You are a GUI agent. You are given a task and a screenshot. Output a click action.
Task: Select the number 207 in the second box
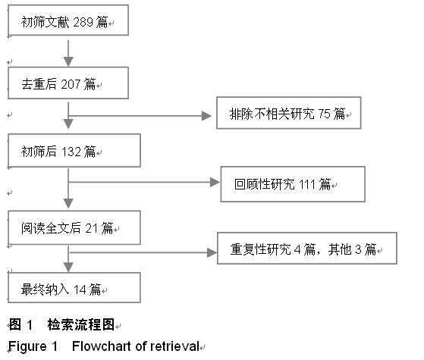71,84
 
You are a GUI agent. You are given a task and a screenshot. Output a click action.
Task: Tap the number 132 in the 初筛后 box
71,152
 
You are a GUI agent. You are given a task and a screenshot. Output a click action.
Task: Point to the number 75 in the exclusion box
324,114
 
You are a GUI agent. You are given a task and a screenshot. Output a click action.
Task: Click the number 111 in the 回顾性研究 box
307,185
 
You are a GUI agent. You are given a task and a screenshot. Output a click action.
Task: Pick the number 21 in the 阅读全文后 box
91,228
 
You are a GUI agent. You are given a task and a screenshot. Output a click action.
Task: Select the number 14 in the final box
80,290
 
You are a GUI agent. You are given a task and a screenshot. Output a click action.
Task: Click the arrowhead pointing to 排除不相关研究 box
206,116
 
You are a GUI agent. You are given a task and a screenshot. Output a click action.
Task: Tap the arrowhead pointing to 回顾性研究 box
215,182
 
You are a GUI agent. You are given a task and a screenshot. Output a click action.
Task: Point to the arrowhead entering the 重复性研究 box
212,252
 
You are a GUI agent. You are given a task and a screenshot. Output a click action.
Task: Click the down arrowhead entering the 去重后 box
68,62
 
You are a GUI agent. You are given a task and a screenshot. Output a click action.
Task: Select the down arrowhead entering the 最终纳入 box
68,268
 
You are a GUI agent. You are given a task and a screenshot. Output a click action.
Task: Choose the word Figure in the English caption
27,347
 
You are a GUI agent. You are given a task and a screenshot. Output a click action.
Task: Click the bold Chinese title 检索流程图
81,324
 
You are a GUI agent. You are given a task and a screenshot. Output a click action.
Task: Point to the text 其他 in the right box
340,249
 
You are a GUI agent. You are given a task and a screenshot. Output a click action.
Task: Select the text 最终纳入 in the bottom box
45,290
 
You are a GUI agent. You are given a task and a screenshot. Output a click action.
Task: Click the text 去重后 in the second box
39,84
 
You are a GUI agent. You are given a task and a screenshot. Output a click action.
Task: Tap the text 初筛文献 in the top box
46,22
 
